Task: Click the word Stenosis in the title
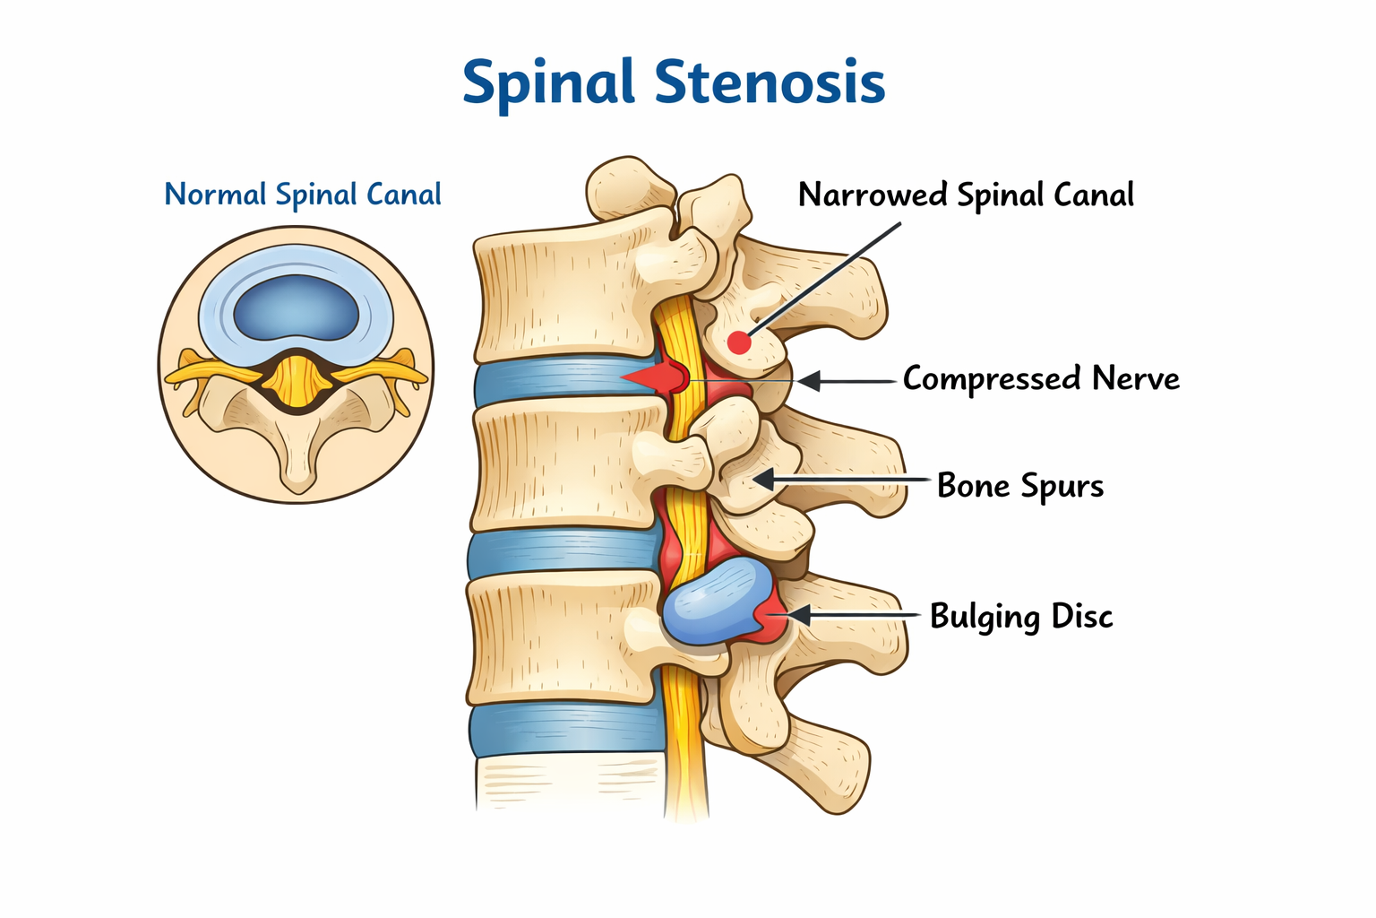pos(770,82)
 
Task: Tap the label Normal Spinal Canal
pos(303,195)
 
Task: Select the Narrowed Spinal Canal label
pos(966,195)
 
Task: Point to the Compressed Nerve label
pos(1041,378)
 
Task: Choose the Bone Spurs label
pos(1020,486)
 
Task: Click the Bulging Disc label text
pos(1021,617)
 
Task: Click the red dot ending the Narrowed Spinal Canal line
pos(739,342)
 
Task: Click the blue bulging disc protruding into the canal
pos(718,601)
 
